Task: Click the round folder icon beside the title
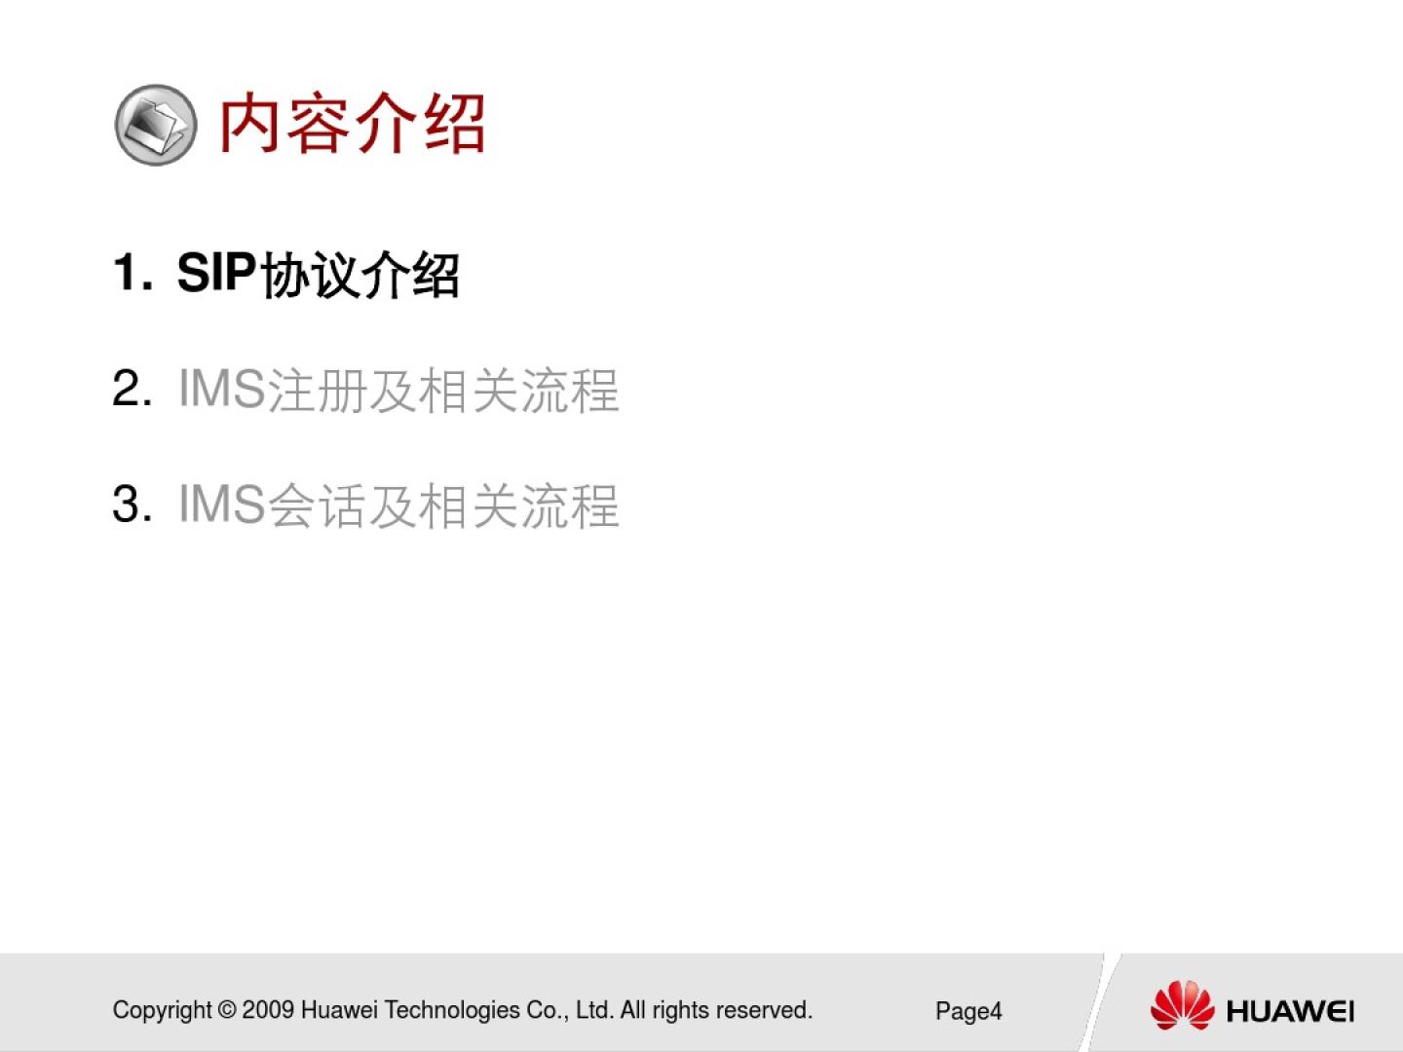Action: (155, 126)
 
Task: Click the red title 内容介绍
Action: (352, 124)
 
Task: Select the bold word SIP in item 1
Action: (216, 273)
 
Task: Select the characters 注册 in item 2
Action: (316, 390)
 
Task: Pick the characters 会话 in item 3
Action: (316, 506)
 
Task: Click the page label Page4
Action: (968, 1011)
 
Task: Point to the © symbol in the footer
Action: (227, 1010)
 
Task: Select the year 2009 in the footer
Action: (268, 1010)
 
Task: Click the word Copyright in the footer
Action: (162, 1011)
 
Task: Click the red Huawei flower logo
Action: (1183, 1004)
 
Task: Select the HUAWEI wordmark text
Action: (1290, 1011)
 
